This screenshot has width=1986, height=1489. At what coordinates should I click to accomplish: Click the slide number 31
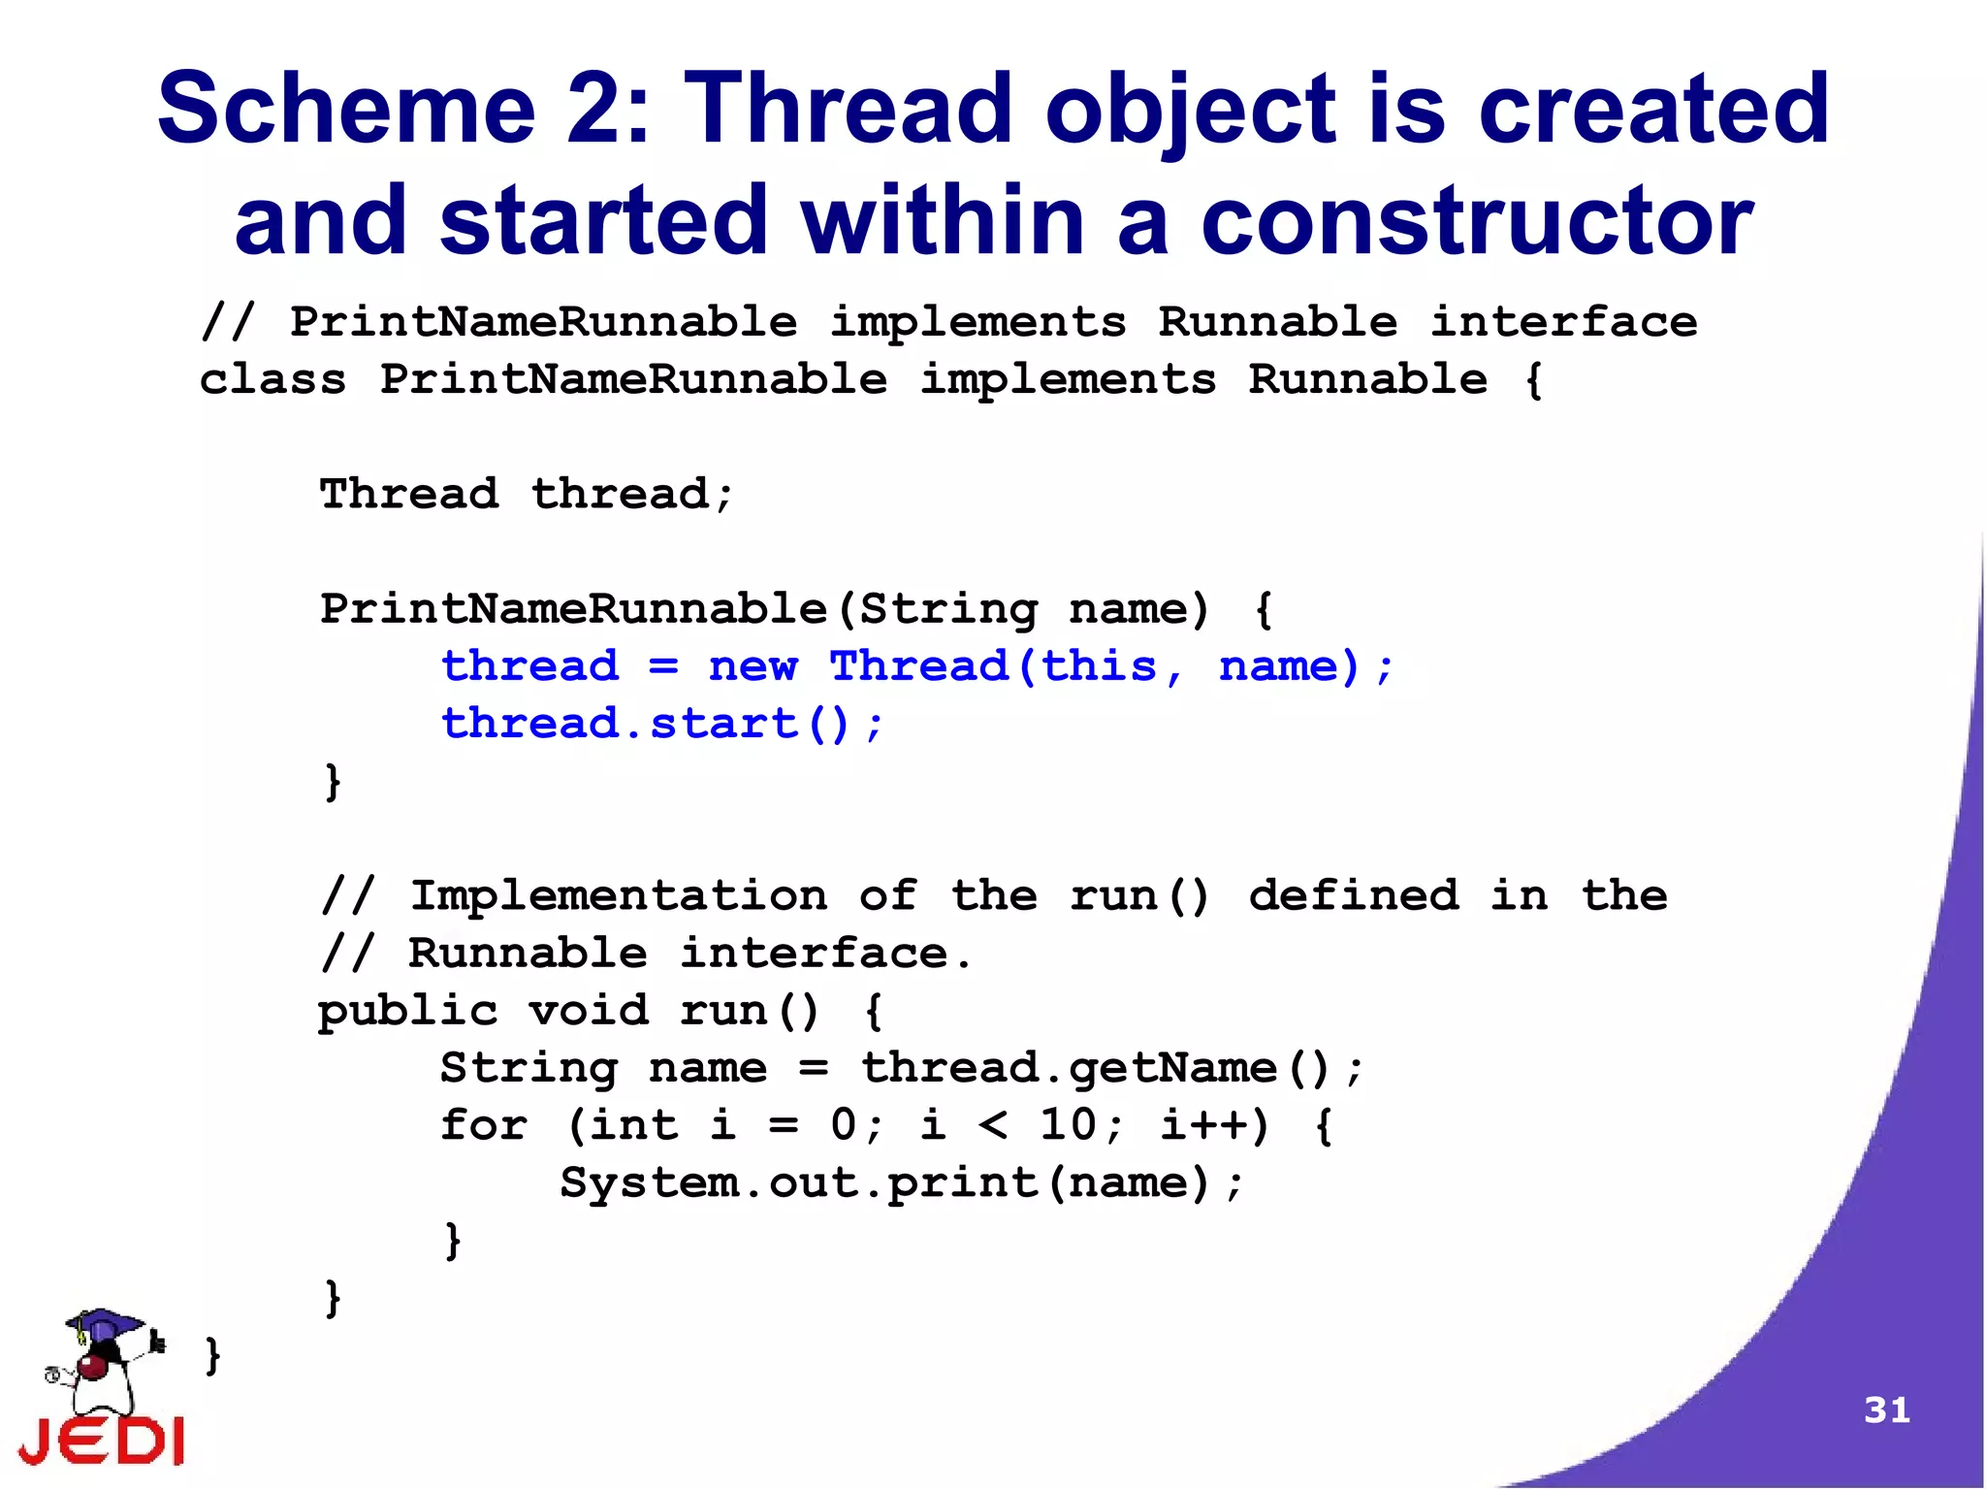pos(1886,1409)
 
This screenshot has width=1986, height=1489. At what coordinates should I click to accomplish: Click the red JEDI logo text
pos(102,1440)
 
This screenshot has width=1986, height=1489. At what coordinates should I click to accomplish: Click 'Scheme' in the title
pos(346,109)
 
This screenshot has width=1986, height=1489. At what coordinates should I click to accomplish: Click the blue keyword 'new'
pos(753,666)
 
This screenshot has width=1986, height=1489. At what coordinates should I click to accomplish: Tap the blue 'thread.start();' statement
pos(662,724)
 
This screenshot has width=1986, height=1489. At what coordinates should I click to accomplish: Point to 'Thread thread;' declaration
pos(527,494)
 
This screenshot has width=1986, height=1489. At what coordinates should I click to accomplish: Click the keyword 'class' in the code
pos(272,379)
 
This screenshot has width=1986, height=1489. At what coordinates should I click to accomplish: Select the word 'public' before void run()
pos(407,1011)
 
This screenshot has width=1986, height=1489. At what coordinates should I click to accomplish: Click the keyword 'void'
pos(589,1011)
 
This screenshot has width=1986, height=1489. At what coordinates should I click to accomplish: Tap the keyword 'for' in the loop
pos(484,1125)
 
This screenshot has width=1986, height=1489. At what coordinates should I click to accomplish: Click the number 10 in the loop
pos(1068,1125)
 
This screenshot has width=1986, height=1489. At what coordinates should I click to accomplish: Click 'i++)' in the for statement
pos(1214,1125)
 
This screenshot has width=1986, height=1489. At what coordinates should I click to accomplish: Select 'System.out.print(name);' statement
pos(901,1182)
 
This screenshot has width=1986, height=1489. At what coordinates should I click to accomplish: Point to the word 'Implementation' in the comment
pos(619,895)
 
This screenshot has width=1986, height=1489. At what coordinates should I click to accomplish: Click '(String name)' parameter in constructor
pos(1023,609)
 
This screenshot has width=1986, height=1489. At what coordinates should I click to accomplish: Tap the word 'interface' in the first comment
pos(1563,322)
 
